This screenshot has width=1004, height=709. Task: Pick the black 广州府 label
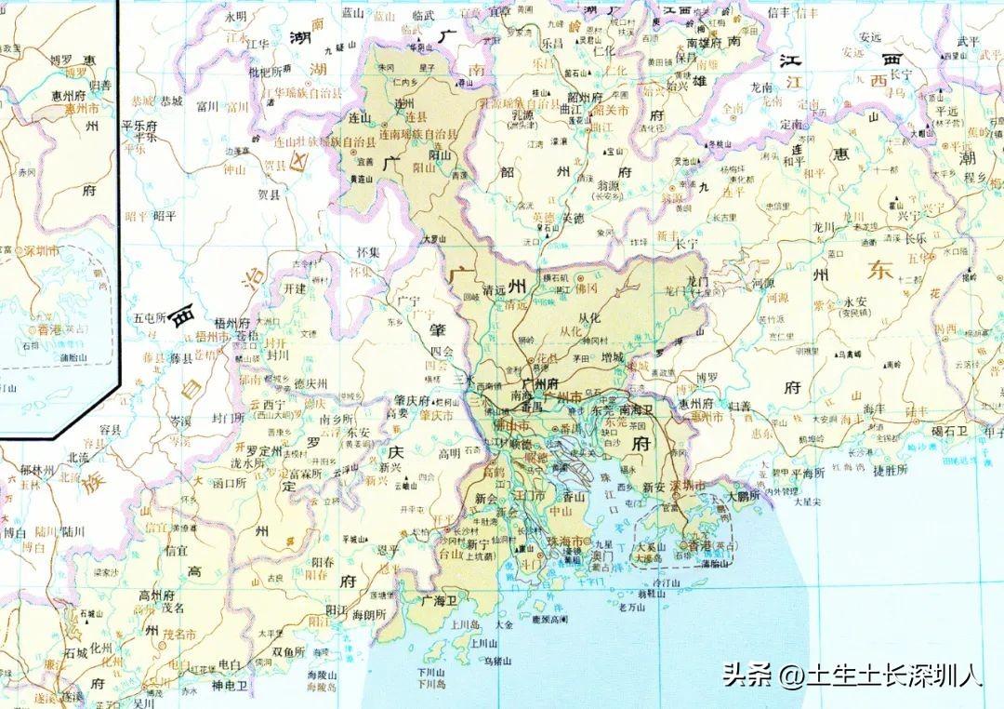pyautogui.click(x=540, y=383)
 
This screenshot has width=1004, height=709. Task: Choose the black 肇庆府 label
pyautogui.click(x=411, y=401)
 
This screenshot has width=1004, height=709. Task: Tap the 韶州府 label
pyautogui.click(x=585, y=97)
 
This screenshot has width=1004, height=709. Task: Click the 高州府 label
pyautogui.click(x=154, y=595)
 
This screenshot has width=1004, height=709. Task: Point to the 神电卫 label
pyautogui.click(x=230, y=686)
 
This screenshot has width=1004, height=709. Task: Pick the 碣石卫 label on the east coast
pyautogui.click(x=950, y=430)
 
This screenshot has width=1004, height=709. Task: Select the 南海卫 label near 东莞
pyautogui.click(x=637, y=409)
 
